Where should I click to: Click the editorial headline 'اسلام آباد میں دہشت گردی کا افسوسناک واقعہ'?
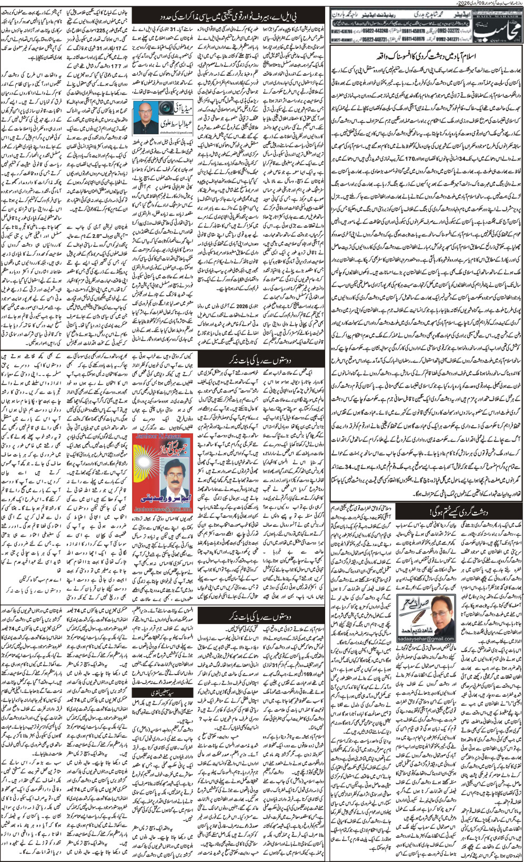coord(426,55)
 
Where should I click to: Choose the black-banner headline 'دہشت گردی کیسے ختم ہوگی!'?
coord(426,510)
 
